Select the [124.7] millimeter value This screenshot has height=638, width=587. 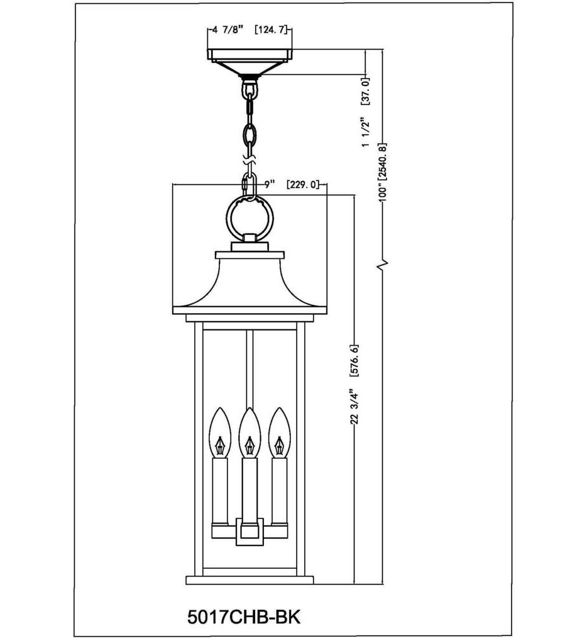[x=274, y=30]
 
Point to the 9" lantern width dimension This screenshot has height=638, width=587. [x=270, y=184]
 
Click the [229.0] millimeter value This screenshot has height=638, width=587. [x=303, y=184]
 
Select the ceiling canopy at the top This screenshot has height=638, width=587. [x=251, y=59]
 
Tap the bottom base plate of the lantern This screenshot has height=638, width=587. [x=250, y=580]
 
